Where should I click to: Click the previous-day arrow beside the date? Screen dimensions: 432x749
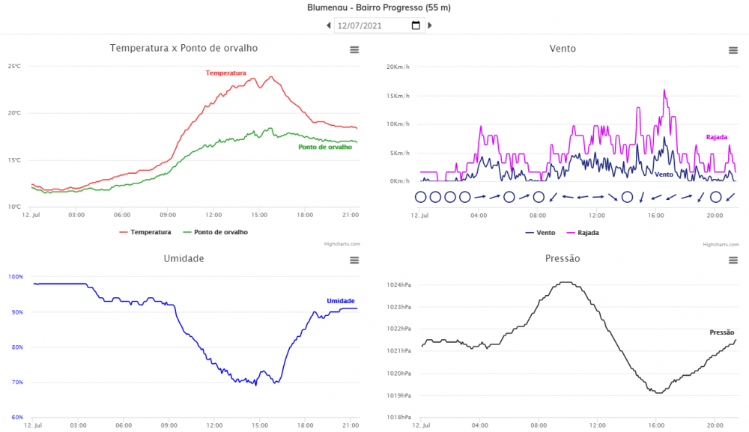pyautogui.click(x=328, y=25)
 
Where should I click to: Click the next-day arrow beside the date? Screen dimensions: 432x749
pyautogui.click(x=430, y=25)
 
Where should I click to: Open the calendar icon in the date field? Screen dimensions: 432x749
pyautogui.click(x=416, y=25)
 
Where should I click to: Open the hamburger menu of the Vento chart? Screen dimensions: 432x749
pyautogui.click(x=733, y=50)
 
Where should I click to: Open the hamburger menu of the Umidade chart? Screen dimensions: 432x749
pyautogui.click(x=354, y=260)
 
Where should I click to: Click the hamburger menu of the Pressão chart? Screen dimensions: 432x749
pyautogui.click(x=733, y=260)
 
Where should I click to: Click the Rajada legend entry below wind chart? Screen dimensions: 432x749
pyautogui.click(x=582, y=233)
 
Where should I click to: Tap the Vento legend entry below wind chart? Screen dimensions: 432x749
pyautogui.click(x=541, y=233)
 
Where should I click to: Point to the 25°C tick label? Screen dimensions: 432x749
pyautogui.click(x=14, y=67)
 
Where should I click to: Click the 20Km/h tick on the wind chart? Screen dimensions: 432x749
pyautogui.click(x=398, y=67)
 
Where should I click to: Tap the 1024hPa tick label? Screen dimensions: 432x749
pyautogui.click(x=398, y=285)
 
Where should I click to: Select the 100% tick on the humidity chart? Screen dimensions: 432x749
pyautogui.click(x=16, y=277)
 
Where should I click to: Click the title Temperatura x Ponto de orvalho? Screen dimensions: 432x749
pyautogui.click(x=184, y=48)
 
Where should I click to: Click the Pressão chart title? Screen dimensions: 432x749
pyautogui.click(x=562, y=258)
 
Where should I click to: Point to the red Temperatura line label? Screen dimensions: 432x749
pyautogui.click(x=226, y=73)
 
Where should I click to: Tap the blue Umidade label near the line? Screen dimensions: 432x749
pyautogui.click(x=341, y=301)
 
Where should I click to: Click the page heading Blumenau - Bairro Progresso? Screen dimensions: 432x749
pyautogui.click(x=379, y=7)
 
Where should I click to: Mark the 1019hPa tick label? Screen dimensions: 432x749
pyautogui.click(x=398, y=395)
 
